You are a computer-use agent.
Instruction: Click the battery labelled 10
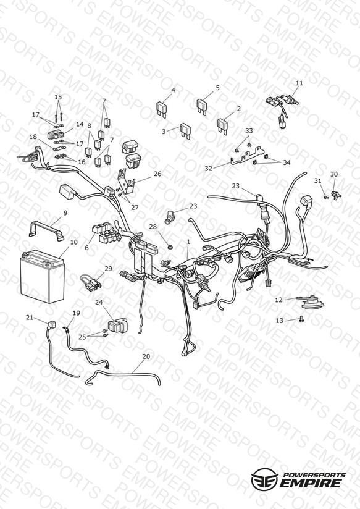tap(42, 277)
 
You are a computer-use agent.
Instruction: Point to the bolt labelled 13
tap(301, 319)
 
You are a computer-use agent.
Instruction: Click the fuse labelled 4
tap(164, 109)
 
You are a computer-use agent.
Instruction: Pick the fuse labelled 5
tap(204, 106)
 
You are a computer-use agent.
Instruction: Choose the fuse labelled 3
tap(186, 130)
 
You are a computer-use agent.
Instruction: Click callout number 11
tap(299, 83)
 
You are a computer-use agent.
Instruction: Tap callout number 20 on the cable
tap(146, 356)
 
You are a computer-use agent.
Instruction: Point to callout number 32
tap(208, 169)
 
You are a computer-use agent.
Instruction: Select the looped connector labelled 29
tap(91, 283)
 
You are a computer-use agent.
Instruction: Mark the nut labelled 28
tap(169, 247)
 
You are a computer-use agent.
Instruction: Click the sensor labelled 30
tap(337, 195)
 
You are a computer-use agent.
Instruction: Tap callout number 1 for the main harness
tap(188, 242)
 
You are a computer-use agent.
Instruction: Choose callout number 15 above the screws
tap(58, 97)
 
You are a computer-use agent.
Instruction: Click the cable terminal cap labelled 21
tap(51, 325)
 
